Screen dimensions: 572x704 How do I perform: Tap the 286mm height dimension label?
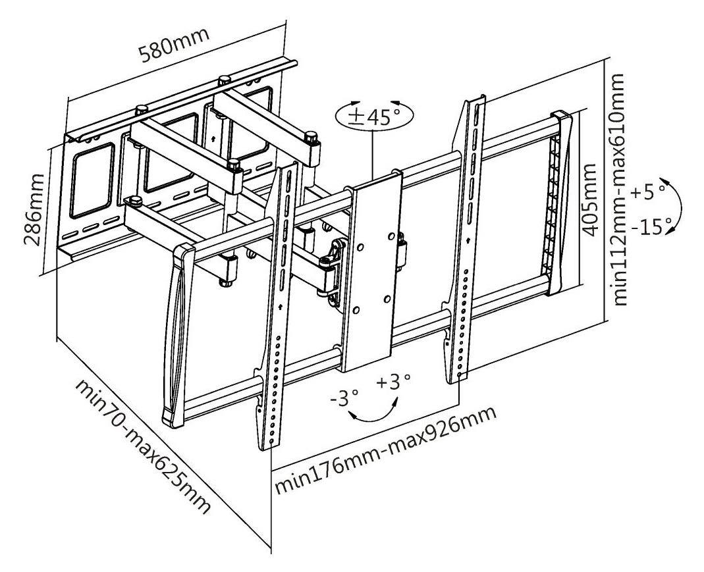34,209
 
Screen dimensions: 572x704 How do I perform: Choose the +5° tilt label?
648,193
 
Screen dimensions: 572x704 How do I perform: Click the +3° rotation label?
394,382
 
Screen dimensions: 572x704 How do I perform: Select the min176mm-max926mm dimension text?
385,448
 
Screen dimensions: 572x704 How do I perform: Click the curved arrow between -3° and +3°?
373,413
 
